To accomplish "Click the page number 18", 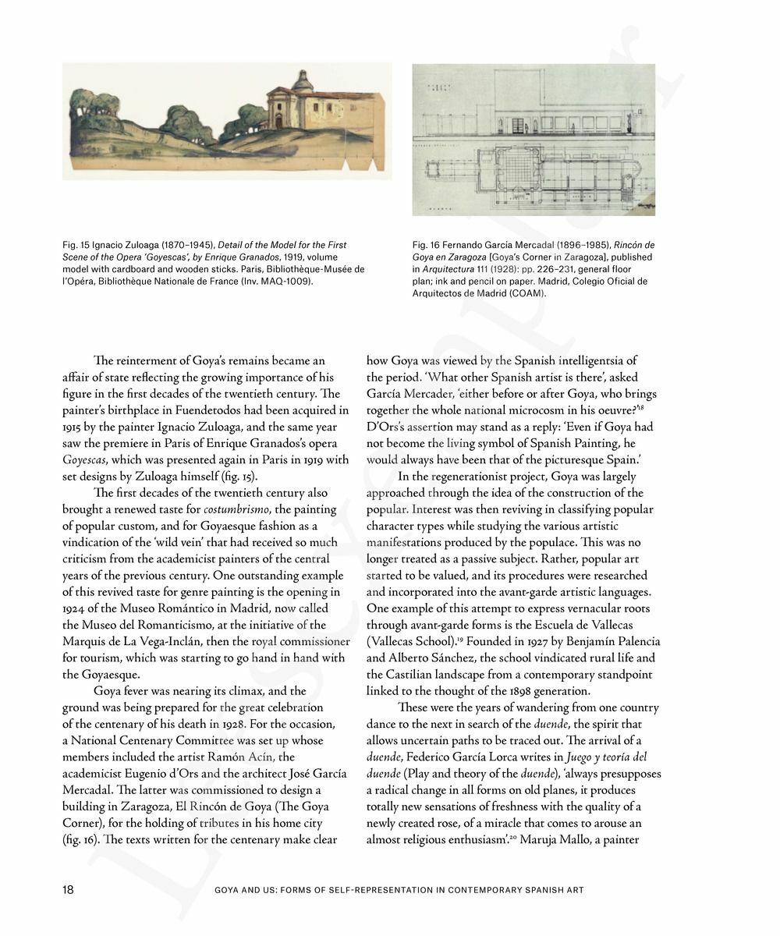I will (x=68, y=889).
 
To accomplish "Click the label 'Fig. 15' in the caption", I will (x=76, y=246).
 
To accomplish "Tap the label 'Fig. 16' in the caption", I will (x=426, y=246).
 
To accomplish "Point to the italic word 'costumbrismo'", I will (x=236, y=509).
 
